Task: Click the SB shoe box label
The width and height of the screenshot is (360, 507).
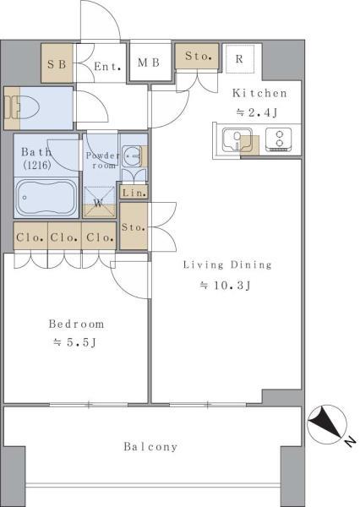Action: click(x=57, y=64)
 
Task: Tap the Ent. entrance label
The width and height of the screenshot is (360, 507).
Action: click(x=107, y=67)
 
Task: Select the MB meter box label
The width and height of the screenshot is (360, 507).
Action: click(x=149, y=63)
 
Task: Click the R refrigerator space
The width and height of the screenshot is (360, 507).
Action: click(x=239, y=59)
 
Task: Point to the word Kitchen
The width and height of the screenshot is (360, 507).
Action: click(x=259, y=93)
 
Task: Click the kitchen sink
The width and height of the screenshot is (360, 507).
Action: click(x=237, y=140)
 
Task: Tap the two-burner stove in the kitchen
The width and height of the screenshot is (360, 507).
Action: click(x=279, y=139)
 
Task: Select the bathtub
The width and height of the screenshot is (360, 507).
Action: click(x=46, y=197)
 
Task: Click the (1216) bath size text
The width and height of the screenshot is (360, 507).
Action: click(x=37, y=166)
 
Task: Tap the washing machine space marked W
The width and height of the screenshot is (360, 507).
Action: click(x=99, y=202)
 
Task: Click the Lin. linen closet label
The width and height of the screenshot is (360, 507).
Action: click(x=134, y=193)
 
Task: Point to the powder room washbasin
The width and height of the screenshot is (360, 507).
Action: click(x=132, y=155)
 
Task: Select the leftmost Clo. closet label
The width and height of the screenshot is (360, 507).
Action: click(x=30, y=237)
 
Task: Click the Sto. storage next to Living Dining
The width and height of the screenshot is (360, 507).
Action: click(x=133, y=227)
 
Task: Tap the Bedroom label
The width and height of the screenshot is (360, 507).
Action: click(x=76, y=324)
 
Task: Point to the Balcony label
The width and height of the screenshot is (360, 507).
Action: click(x=150, y=446)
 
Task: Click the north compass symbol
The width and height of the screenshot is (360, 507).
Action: click(x=327, y=424)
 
